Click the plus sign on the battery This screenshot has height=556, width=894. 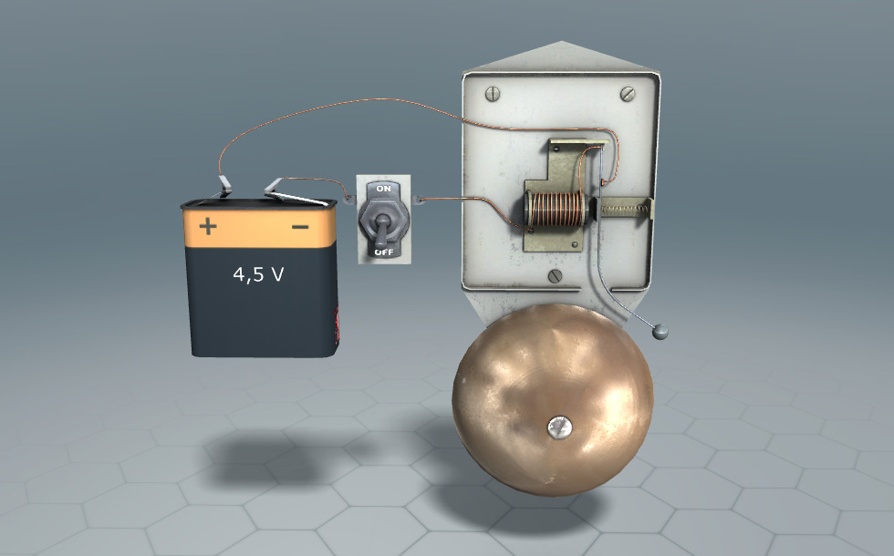[x=208, y=226]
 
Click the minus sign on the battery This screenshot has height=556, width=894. [x=300, y=227]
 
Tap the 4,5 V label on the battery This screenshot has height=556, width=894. [x=258, y=274]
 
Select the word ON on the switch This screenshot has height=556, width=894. [x=384, y=188]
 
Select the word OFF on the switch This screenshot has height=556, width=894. [x=384, y=252]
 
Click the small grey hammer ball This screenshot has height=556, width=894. [x=660, y=332]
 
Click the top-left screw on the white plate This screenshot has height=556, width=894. [x=492, y=93]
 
